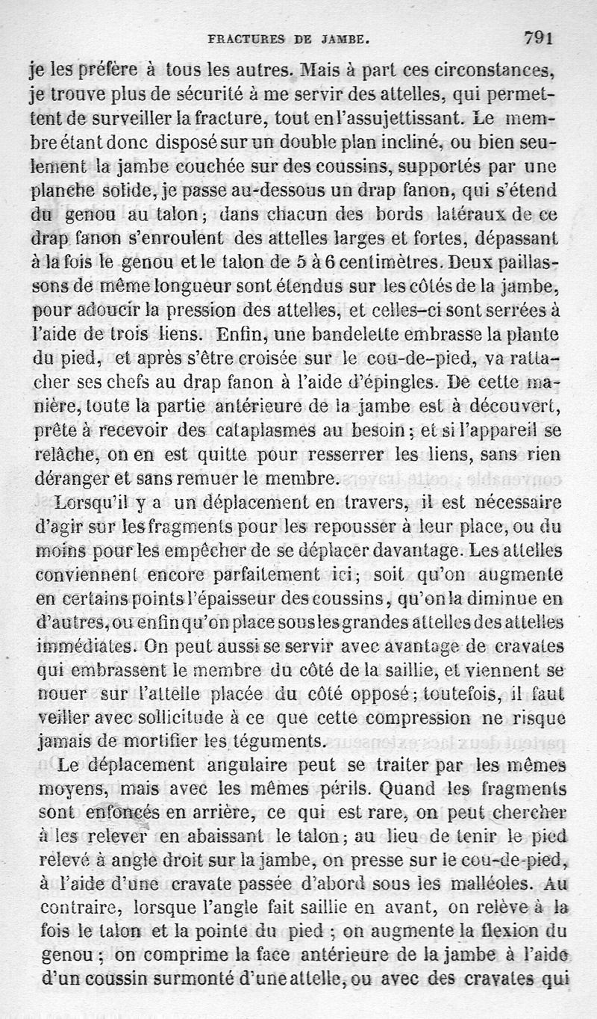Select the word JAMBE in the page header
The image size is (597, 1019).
point(343,37)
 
